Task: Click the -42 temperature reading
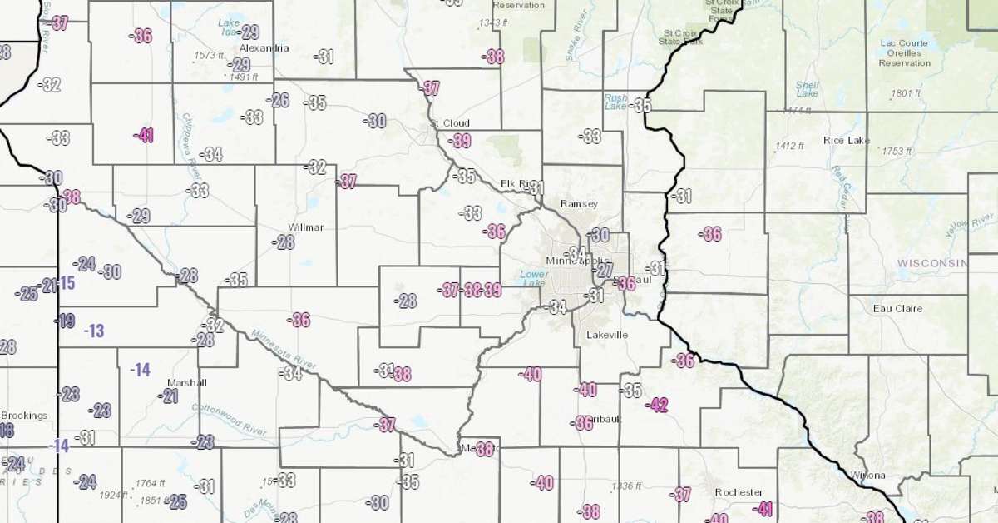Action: point(658,406)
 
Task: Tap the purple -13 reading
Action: point(94,331)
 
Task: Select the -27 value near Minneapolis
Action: point(604,271)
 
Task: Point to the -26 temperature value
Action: point(279,101)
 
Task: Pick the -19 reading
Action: point(65,321)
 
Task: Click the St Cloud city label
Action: point(450,123)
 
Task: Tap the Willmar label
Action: point(306,227)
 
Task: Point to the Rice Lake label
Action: point(847,141)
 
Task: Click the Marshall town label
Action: point(186,383)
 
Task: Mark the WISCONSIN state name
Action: point(932,263)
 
